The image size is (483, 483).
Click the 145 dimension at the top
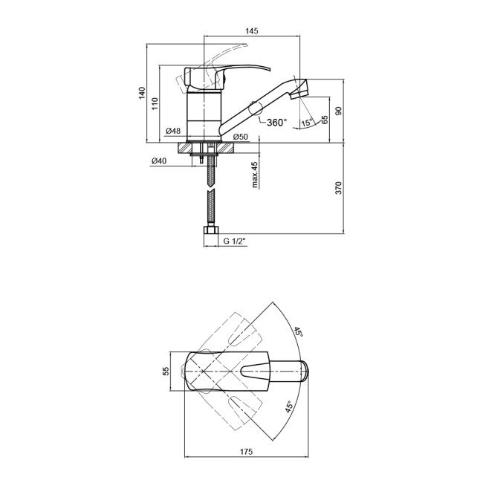(252, 31)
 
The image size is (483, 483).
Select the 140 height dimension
(142, 93)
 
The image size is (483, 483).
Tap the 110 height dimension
(155, 103)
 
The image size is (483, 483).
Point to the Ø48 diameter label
(173, 131)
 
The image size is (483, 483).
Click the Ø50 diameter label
(241, 137)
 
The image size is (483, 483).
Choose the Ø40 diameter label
(159, 161)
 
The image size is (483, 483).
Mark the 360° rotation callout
(277, 123)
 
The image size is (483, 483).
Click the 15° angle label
(307, 123)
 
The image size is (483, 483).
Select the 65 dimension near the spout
(325, 120)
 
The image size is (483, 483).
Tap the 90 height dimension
(339, 111)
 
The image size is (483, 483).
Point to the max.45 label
(255, 175)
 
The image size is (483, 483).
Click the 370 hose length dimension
(339, 188)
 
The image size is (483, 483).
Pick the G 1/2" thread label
(236, 241)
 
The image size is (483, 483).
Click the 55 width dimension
(166, 371)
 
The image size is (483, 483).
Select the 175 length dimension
(246, 452)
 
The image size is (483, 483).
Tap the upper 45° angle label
(298, 332)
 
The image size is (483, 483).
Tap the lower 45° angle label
(289, 406)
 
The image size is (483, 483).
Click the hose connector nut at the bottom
(211, 230)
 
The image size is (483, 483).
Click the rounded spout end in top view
(305, 372)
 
